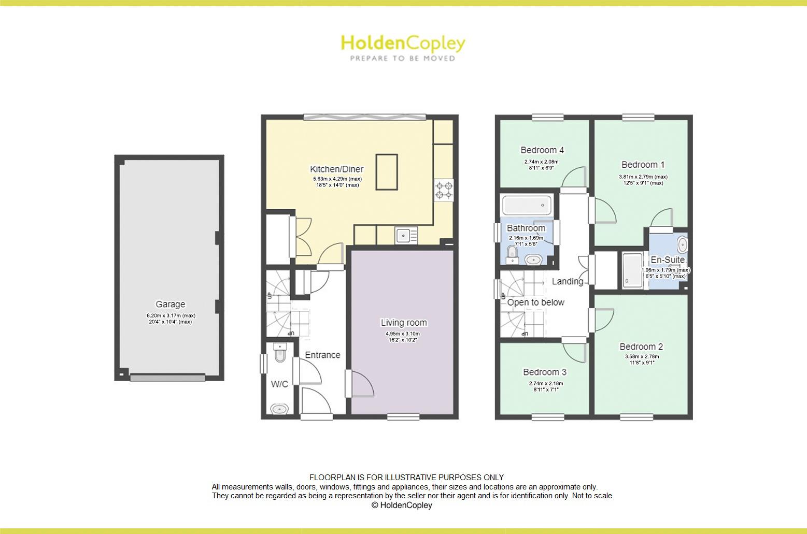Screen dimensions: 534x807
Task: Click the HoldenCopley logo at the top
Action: (x=403, y=47)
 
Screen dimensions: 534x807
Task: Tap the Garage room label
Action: (x=170, y=304)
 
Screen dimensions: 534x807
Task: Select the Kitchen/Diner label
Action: (x=336, y=169)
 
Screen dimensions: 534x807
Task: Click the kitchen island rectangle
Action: (x=387, y=172)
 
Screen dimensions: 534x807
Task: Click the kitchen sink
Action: (x=404, y=236)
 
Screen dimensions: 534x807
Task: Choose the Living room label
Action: (x=404, y=323)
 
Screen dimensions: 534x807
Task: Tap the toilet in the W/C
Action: (x=280, y=354)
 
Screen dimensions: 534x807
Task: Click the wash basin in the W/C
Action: (x=279, y=409)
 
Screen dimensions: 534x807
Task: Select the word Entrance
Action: (x=322, y=355)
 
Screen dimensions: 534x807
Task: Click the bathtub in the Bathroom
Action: (x=526, y=206)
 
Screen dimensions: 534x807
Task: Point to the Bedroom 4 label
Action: (x=542, y=150)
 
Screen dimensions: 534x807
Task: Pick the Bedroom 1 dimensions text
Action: (x=643, y=180)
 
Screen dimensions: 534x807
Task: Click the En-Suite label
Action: (x=668, y=259)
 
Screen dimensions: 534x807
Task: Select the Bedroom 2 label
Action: (x=641, y=347)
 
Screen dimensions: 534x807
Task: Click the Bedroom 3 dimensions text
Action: (x=545, y=387)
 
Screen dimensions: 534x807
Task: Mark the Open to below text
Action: (x=535, y=302)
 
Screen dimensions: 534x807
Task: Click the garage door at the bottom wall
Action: (x=167, y=378)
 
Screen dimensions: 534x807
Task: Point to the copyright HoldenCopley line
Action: (x=402, y=505)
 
